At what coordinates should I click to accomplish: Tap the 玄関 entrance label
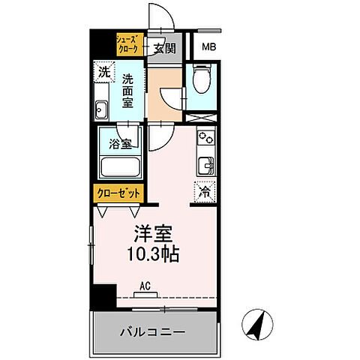[165, 49]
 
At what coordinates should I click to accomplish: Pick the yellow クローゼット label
[119, 192]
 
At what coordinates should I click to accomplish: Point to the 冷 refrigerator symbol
[204, 190]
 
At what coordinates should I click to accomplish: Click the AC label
[146, 285]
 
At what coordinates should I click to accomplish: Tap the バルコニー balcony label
[154, 331]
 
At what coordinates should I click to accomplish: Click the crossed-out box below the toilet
[200, 118]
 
